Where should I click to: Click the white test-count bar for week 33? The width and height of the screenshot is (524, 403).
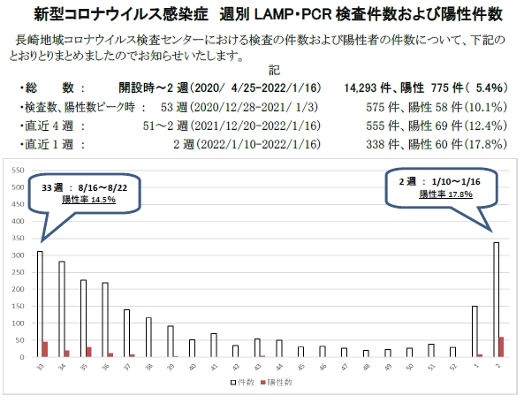40,304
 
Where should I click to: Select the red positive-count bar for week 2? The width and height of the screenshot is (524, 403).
501,346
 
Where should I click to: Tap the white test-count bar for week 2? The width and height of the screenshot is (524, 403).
497,300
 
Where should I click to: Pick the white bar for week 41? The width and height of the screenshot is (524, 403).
214,346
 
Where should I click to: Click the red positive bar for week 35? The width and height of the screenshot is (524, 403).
89,352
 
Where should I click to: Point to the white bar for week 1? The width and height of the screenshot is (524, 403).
475,331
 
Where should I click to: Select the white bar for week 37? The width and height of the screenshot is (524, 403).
126,333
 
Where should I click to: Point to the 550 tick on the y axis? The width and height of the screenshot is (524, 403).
18,171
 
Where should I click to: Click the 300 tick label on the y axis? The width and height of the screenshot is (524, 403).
18,255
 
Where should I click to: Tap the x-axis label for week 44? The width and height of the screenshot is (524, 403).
279,367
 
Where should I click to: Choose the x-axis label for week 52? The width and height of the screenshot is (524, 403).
453,367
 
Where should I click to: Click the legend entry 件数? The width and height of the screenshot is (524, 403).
243,383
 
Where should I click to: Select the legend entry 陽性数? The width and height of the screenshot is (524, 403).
277,383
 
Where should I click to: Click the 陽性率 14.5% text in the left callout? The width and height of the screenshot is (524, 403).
89,200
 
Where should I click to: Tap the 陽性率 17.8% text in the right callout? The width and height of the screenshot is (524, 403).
446,194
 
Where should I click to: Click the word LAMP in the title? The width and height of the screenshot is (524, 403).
273,14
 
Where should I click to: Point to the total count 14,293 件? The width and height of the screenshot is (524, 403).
368,87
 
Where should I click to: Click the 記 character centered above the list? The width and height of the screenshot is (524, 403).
274,71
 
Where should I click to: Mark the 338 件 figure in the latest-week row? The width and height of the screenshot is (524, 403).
383,144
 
